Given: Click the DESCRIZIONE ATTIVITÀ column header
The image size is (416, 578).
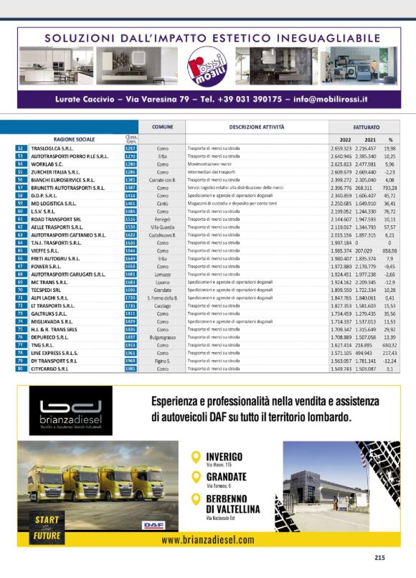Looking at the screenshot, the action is click(256, 126).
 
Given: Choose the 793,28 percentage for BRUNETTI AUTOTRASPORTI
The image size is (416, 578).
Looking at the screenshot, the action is click(390, 187).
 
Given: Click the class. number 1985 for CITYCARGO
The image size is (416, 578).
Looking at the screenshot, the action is click(131, 369).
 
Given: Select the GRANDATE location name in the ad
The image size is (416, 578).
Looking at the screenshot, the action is click(226, 476).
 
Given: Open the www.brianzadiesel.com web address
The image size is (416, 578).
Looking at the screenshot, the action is click(208, 540).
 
